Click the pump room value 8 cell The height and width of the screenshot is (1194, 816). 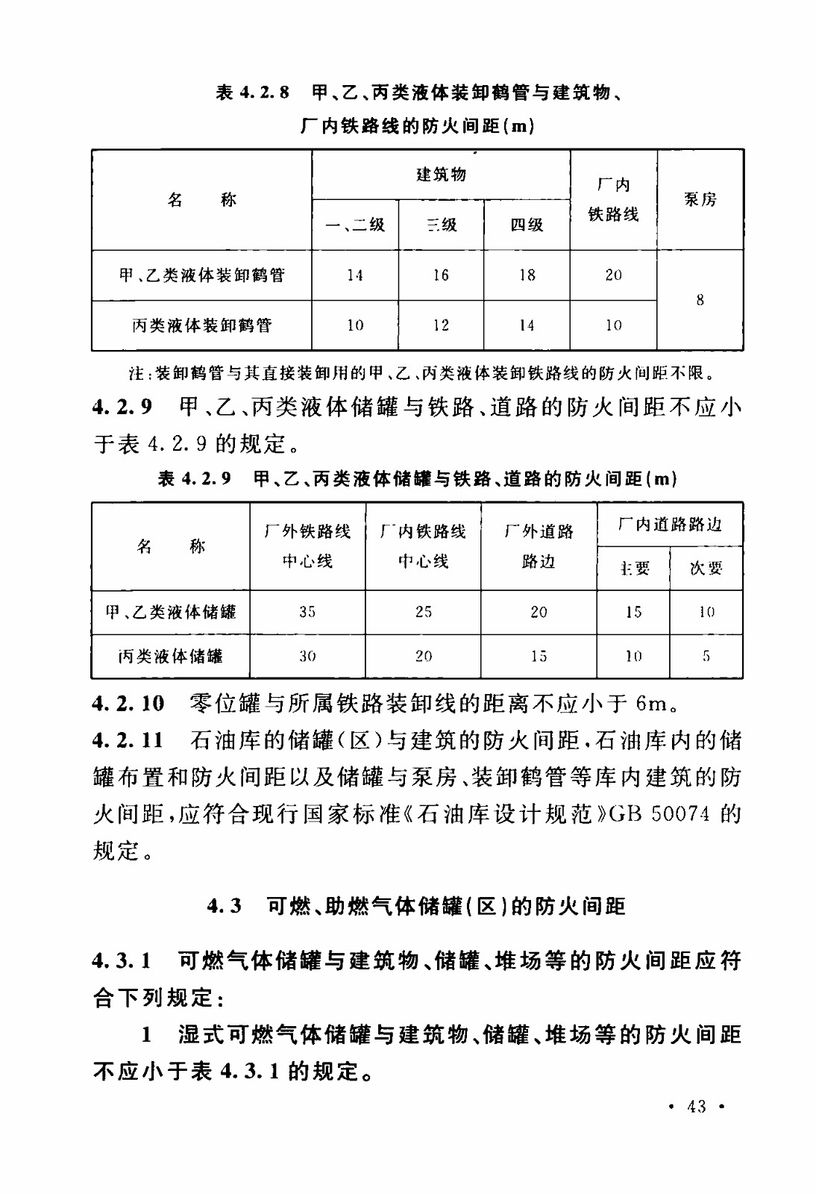tap(700, 300)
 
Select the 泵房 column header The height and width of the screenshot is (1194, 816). tap(700, 199)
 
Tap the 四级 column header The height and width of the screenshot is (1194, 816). tap(527, 225)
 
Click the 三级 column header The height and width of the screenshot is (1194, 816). tap(441, 225)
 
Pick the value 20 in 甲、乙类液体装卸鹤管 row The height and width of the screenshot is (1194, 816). tap(613, 275)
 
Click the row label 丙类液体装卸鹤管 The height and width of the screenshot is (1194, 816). tap(201, 325)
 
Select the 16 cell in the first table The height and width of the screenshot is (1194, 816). tap(441, 275)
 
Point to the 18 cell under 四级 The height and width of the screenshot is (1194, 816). tap(527, 275)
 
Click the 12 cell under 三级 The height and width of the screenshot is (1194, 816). tap(441, 325)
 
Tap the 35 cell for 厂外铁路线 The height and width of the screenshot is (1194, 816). tap(307, 612)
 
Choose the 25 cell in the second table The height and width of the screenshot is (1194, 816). tap(423, 612)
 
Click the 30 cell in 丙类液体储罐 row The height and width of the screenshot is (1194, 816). tap(307, 657)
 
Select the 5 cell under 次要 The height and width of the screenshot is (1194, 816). tap(706, 657)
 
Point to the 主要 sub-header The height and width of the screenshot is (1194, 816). tap(633, 569)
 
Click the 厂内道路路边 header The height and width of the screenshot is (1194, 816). tap(670, 525)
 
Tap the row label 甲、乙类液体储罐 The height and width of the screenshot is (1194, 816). tap(171, 612)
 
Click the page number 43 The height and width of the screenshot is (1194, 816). tap(696, 1107)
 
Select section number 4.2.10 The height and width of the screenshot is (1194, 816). tap(128, 703)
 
